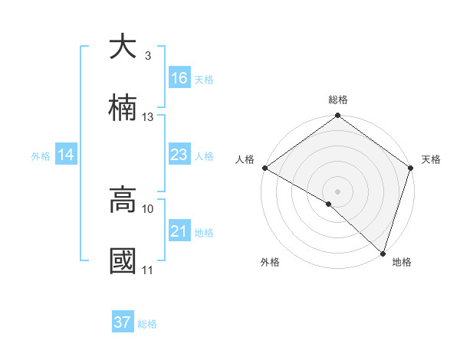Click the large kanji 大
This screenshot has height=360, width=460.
tap(123, 47)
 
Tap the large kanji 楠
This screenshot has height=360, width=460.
tap(123, 107)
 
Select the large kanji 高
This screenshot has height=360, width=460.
tap(123, 200)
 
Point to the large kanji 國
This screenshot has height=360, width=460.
tap(123, 261)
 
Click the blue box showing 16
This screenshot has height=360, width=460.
tap(179, 78)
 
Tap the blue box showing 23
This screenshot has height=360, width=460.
tap(179, 155)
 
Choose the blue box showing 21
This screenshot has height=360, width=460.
tap(179, 231)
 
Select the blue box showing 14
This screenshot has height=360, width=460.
tap(66, 155)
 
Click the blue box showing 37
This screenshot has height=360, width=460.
tap(123, 322)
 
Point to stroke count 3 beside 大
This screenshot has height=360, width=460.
tap(148, 56)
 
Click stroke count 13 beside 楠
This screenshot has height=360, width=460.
tap(148, 117)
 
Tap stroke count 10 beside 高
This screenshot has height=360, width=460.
tap(148, 208)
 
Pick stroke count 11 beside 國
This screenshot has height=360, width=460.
tap(148, 270)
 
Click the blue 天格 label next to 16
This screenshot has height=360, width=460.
tap(203, 80)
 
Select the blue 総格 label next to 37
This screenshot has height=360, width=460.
tap(147, 324)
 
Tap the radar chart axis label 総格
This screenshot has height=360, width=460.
tap(338, 100)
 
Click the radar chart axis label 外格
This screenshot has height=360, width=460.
tap(270, 263)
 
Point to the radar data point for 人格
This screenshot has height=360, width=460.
tap(264, 168)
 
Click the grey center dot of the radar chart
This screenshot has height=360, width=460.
tap(337, 190)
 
